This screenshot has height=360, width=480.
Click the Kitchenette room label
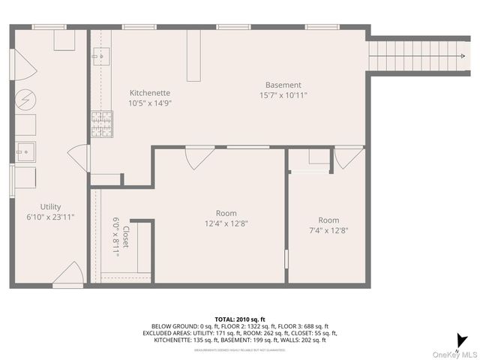coord(150,92)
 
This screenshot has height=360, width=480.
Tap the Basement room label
coord(283,85)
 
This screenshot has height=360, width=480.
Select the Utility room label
coord(51,207)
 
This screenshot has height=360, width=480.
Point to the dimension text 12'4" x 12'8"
coord(226,223)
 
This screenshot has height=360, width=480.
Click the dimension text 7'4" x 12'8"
coord(328,231)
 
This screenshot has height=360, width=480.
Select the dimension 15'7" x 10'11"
coord(283,95)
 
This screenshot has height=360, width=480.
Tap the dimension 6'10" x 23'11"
coord(51,217)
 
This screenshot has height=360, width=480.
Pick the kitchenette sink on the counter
coord(100,55)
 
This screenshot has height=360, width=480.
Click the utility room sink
coord(25,151)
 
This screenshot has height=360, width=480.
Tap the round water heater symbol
coord(26,99)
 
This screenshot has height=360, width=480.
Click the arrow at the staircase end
coord(457,54)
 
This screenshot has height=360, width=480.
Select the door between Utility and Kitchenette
coord(79,157)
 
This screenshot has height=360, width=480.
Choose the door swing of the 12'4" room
coord(196,157)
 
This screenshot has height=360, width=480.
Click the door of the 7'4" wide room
coord(348,157)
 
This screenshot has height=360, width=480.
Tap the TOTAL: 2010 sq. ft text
coord(239,319)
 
